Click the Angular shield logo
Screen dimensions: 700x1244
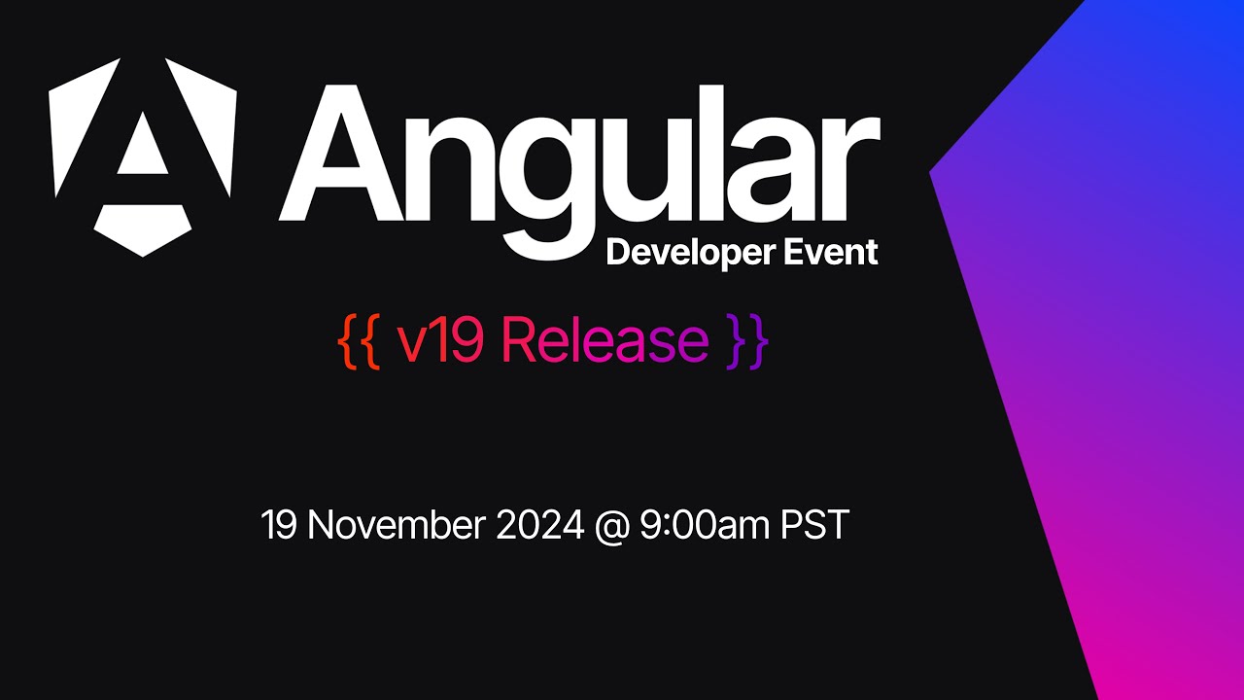(x=143, y=156)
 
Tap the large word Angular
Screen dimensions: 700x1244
(x=579, y=156)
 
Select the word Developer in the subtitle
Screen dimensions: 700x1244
(x=688, y=253)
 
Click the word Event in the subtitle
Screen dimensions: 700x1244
(x=829, y=253)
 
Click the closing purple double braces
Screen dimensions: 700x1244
(x=747, y=340)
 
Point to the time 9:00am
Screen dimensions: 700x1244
(x=703, y=526)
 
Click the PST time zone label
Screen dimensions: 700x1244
(x=814, y=526)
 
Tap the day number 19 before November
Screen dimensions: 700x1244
(x=280, y=526)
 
